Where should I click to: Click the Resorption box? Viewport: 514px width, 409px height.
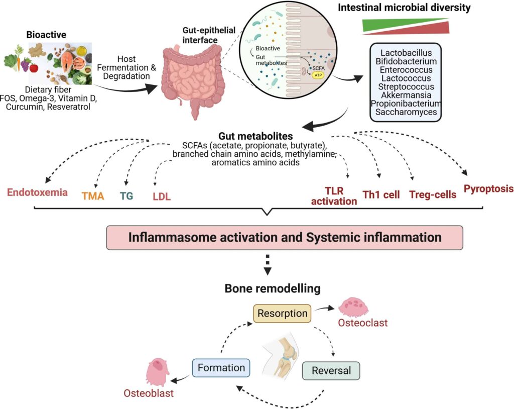click(282, 314)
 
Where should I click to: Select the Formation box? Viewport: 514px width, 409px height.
click(221, 368)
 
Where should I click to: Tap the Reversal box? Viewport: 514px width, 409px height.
click(331, 371)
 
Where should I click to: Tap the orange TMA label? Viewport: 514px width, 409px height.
click(93, 196)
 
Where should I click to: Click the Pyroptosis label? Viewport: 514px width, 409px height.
click(488, 189)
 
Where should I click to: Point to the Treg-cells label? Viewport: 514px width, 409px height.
click(433, 194)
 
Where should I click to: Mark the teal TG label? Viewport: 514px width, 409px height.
click(126, 196)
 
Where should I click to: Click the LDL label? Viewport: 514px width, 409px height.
click(162, 196)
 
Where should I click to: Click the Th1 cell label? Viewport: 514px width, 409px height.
click(381, 194)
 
